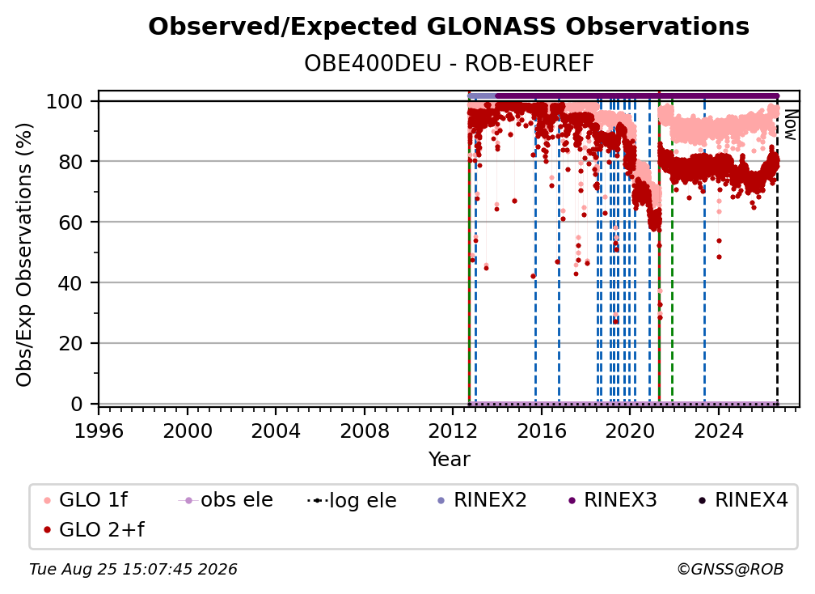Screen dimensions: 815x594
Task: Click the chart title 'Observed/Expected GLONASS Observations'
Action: (x=449, y=27)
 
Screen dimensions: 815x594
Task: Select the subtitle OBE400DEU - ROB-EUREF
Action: (x=449, y=64)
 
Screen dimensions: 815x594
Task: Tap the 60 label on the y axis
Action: (x=70, y=223)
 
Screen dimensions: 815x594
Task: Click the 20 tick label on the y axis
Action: (x=70, y=344)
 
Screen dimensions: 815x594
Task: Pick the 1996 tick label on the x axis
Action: (x=99, y=431)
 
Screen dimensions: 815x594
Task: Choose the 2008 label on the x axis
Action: (x=365, y=431)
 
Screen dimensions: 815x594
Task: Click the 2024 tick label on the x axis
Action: (x=718, y=431)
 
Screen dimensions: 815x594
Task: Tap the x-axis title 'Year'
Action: (x=449, y=460)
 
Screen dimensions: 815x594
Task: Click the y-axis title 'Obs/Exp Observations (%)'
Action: (x=24, y=255)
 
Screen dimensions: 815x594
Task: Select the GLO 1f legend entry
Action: (x=86, y=500)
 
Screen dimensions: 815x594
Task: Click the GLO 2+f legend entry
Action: (x=94, y=530)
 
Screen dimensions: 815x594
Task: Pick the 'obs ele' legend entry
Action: (x=226, y=500)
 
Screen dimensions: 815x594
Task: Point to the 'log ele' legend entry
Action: (x=352, y=501)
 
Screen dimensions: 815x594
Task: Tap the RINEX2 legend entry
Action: (x=483, y=500)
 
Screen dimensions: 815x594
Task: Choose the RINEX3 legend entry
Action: (x=612, y=500)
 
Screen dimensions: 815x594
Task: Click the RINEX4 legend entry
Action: (x=743, y=500)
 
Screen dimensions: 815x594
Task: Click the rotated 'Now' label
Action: (x=790, y=125)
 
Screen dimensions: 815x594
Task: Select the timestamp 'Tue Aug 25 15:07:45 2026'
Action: (x=133, y=570)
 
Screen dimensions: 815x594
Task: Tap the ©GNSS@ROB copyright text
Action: (x=730, y=570)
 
